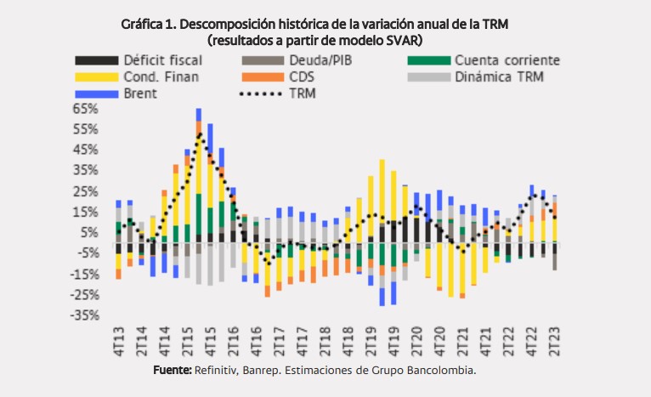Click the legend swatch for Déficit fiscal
[x=96, y=60]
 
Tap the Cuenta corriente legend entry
[x=507, y=60]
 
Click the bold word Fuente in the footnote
[x=172, y=371]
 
